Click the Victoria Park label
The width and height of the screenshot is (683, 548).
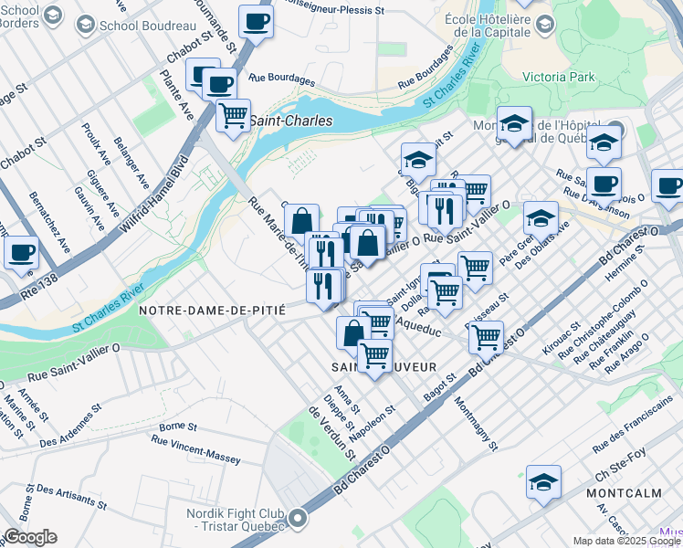558,78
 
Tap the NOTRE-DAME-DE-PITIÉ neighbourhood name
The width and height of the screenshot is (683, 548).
212,311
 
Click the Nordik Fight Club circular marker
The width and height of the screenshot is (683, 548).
297,520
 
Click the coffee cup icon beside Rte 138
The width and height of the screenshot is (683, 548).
21,251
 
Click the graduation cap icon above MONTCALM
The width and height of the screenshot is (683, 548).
543,480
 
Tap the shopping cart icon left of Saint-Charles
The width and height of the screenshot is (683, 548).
233,115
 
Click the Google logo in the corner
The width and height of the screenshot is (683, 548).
30,537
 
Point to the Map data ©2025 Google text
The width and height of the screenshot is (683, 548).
627,541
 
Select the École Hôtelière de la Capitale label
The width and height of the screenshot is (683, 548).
486,26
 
